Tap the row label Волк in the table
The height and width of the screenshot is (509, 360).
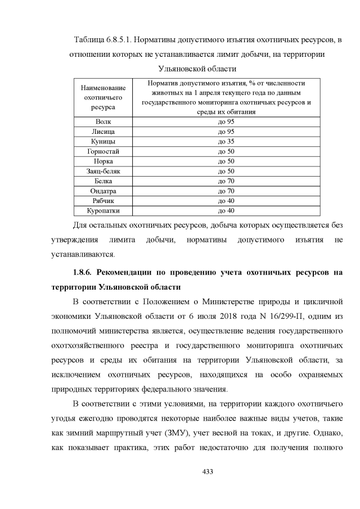click(103, 121)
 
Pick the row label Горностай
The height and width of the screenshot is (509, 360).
click(103, 151)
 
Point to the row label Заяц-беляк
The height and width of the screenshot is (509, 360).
click(103, 171)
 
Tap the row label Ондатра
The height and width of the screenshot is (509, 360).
click(103, 191)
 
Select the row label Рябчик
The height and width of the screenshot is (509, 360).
click(103, 201)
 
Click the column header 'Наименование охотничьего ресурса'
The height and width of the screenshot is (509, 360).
click(103, 97)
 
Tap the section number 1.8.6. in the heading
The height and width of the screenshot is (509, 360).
click(80, 273)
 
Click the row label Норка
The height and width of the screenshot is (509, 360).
click(103, 161)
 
